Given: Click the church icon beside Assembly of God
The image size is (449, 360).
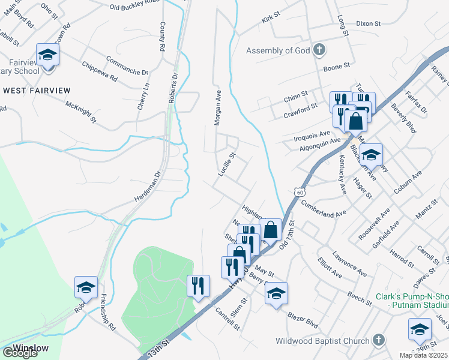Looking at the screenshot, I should click(x=319, y=50).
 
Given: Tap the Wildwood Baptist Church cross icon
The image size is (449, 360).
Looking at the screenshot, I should click(x=378, y=341).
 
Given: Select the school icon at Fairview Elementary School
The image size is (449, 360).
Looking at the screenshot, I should click(x=47, y=55).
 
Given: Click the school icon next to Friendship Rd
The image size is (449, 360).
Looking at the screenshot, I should click(x=86, y=288).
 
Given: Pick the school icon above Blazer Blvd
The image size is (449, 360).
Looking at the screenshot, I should click(x=276, y=293).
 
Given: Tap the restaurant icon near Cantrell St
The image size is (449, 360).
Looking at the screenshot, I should click(x=199, y=286).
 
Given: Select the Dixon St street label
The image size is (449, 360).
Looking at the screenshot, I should click(x=368, y=24).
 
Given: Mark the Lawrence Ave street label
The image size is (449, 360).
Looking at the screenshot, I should click(x=349, y=263).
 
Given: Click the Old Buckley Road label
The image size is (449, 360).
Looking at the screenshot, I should click(x=135, y=7).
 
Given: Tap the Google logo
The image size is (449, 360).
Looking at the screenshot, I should click(x=20, y=353).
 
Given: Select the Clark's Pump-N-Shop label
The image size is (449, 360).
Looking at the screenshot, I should click(x=412, y=301).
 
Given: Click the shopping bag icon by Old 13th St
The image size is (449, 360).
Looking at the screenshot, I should click(x=271, y=229).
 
